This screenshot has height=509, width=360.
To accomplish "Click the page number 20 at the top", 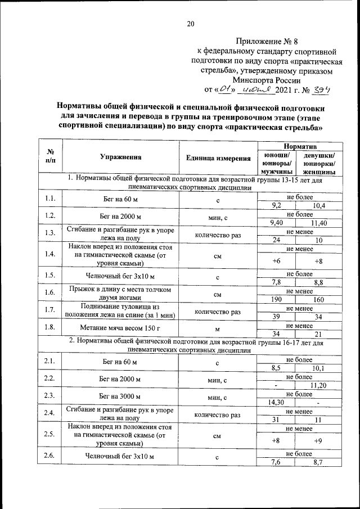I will point(190,23).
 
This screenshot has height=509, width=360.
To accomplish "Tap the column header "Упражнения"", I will point(120,158).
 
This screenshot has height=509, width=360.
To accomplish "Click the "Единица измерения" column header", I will point(218,158).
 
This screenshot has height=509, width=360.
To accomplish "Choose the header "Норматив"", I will point(300,146).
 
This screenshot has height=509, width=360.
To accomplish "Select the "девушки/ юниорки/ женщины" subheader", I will point(319,163).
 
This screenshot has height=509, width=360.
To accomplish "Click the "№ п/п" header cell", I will point(49,158).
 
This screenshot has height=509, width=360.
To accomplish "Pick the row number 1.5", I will point(49,275).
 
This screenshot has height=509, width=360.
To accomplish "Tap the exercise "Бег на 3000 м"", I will point(120,397).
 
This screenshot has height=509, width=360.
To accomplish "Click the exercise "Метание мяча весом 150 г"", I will point(120,327).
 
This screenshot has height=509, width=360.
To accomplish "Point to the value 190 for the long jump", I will point(276,300).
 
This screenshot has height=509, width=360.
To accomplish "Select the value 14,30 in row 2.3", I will point(276,402).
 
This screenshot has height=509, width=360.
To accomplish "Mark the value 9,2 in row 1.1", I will point(276,206).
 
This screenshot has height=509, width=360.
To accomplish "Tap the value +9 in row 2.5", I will point(319,440).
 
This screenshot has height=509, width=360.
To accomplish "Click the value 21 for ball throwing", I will point(319,334).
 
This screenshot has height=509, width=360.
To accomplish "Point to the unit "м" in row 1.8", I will point(218,328).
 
